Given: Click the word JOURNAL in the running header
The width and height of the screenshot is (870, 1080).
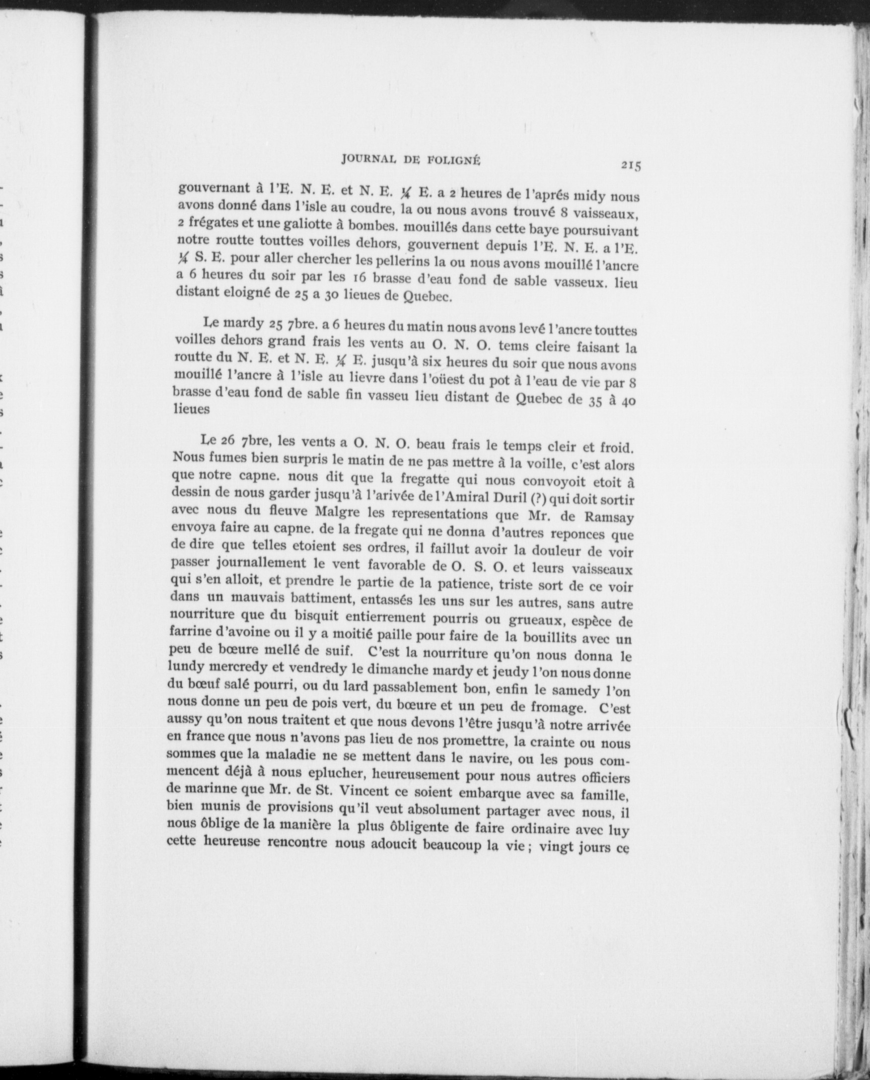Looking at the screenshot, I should click(370, 160).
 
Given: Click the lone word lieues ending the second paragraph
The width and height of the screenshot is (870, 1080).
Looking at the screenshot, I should click(191, 409).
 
